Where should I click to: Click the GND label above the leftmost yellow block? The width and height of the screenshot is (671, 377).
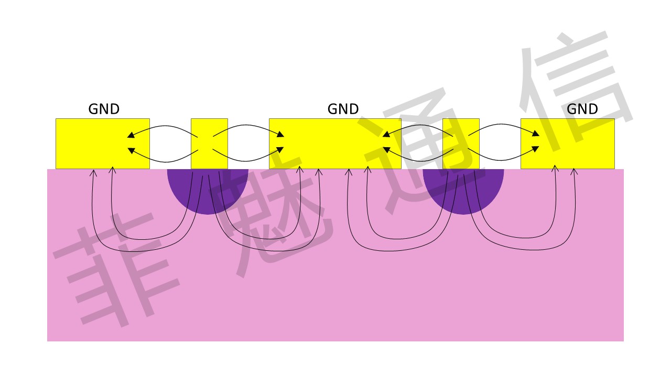104,109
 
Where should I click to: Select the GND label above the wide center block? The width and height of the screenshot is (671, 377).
343,109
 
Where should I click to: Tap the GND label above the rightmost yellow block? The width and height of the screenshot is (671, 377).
582,109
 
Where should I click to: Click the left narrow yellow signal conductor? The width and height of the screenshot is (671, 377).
209,143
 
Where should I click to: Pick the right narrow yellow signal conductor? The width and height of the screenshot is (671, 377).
461,143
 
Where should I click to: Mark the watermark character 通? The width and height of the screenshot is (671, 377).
419,150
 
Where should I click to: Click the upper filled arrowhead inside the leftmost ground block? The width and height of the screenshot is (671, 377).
131,135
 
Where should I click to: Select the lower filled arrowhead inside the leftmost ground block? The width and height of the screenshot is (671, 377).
131,150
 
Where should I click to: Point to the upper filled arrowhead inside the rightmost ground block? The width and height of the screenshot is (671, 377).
536,134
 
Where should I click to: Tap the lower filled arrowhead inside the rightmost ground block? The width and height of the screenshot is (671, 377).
536,149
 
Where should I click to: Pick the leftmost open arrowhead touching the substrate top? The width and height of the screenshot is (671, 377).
93,173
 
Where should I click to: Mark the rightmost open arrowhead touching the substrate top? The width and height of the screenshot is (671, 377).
574,172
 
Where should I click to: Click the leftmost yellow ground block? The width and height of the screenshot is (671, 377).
103,143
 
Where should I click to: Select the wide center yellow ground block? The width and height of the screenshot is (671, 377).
335,143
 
